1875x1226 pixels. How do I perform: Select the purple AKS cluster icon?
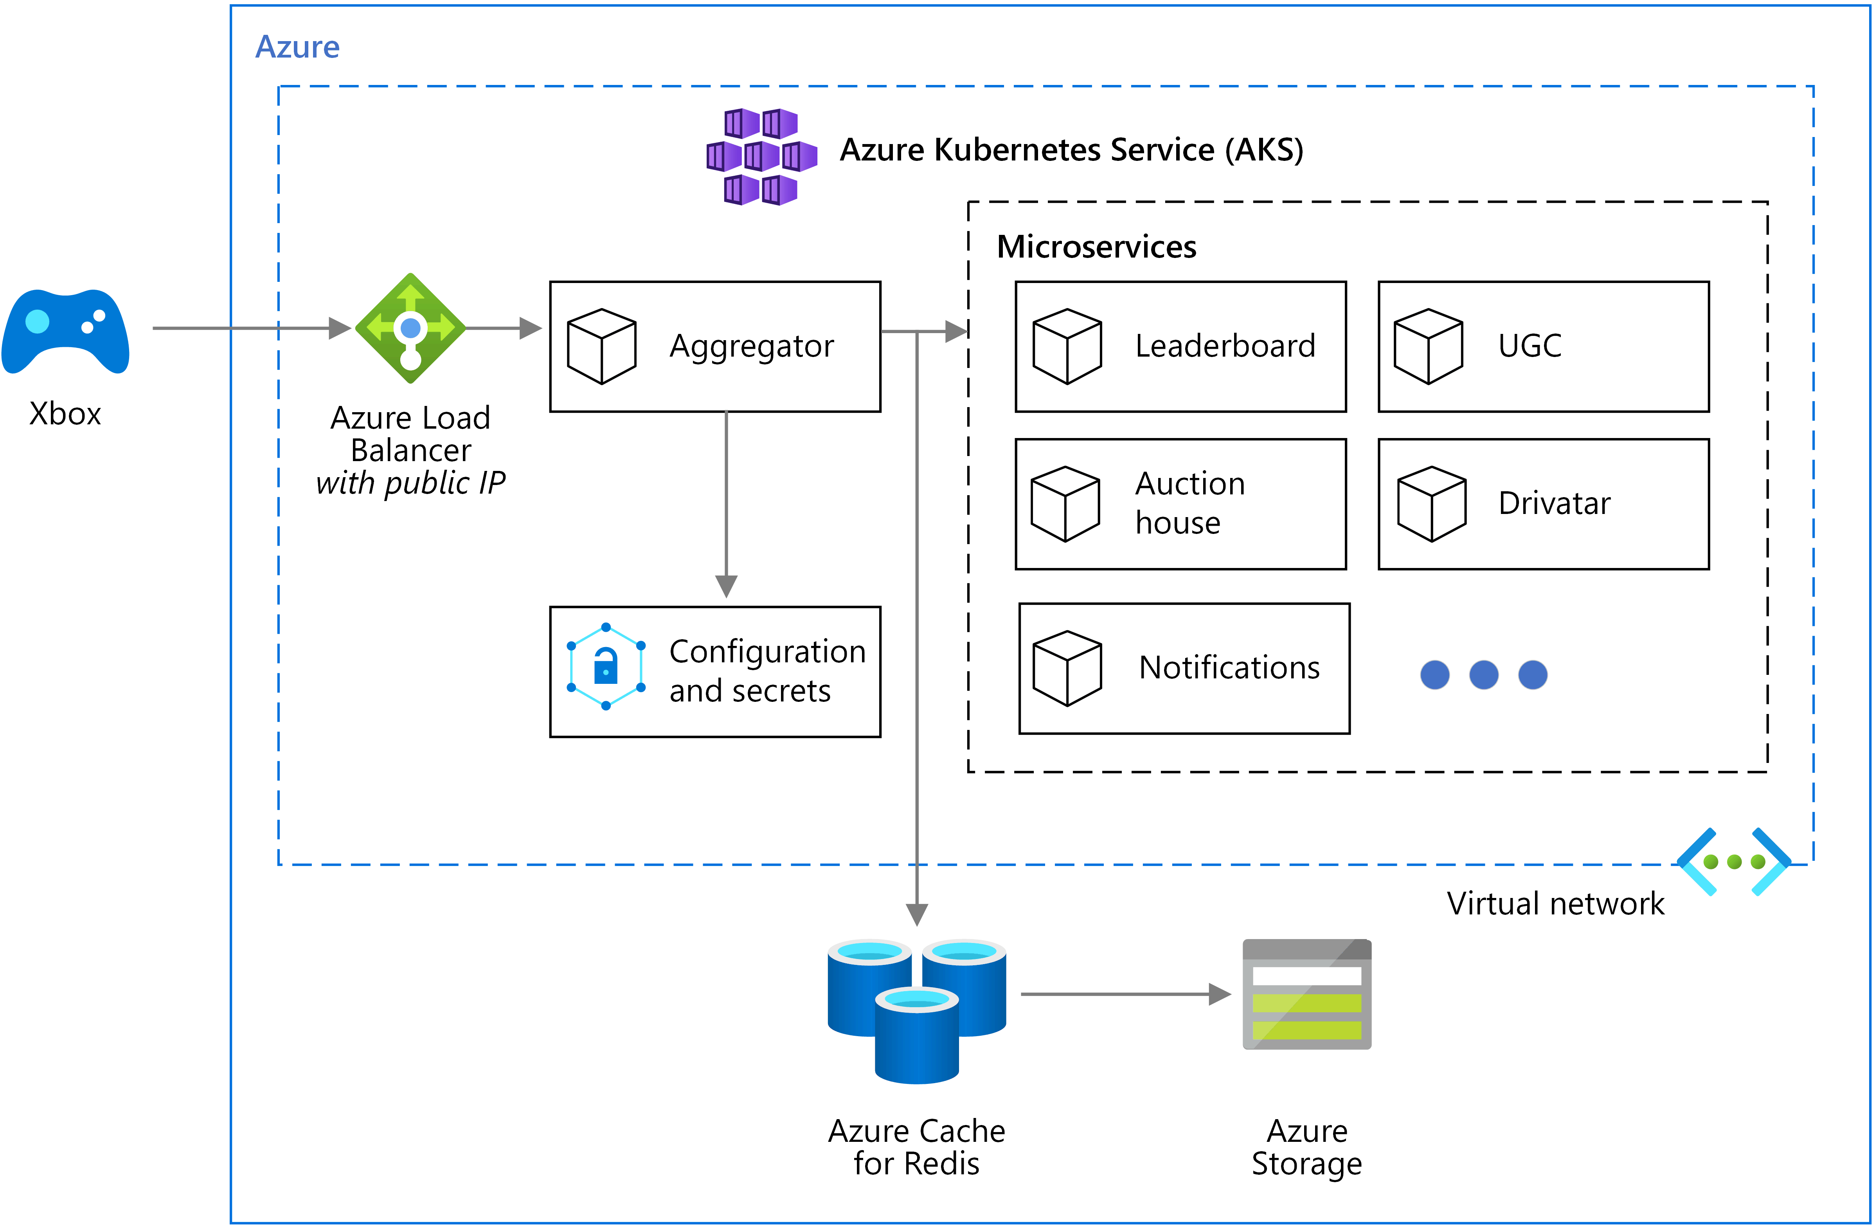coord(761,157)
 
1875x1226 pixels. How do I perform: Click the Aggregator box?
coord(714,347)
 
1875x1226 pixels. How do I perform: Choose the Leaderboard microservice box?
coord(1180,347)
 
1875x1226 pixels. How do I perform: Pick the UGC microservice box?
coord(1542,347)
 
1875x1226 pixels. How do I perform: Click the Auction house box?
coord(1180,504)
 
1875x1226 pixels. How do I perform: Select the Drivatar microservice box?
coord(1542,504)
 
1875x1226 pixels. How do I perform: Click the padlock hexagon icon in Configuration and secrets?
coord(606,667)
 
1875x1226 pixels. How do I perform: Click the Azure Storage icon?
coord(1306,994)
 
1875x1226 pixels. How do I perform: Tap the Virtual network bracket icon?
coord(1733,862)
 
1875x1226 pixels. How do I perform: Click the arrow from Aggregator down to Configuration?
coord(725,504)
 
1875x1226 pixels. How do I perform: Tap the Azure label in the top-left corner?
coord(297,47)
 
